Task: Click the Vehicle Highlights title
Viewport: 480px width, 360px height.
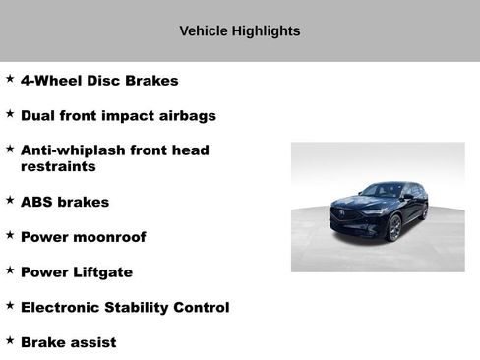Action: [x=240, y=31]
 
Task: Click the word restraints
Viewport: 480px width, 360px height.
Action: [x=58, y=167]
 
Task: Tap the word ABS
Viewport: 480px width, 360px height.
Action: [x=36, y=203]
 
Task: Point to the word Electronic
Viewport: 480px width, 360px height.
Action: [x=62, y=308]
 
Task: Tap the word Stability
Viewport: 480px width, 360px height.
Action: [x=140, y=308]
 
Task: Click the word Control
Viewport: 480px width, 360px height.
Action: [x=203, y=308]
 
